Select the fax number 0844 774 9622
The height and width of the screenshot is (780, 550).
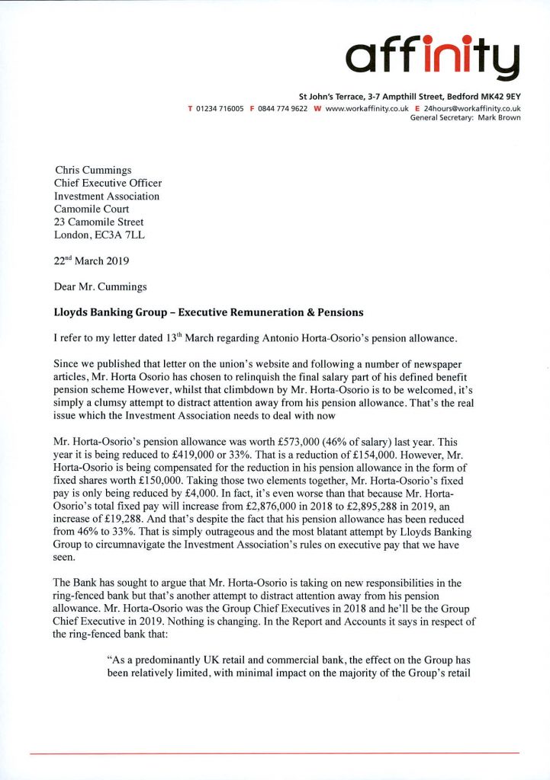click(283, 109)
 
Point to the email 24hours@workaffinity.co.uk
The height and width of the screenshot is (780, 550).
click(472, 109)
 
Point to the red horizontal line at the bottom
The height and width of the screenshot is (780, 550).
click(275, 753)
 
